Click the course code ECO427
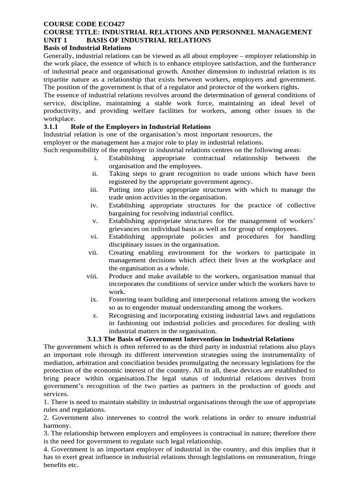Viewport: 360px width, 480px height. click(x=110, y=23)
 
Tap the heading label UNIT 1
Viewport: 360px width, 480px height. click(x=55, y=40)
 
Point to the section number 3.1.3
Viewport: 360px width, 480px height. click(x=97, y=338)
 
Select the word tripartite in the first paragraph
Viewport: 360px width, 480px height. click(x=59, y=79)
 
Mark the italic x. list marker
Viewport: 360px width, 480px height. click(x=95, y=315)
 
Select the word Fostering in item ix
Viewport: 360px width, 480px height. click(x=123, y=300)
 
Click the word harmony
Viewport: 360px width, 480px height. click(x=56, y=426)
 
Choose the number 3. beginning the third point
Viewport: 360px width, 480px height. click(x=46, y=434)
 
